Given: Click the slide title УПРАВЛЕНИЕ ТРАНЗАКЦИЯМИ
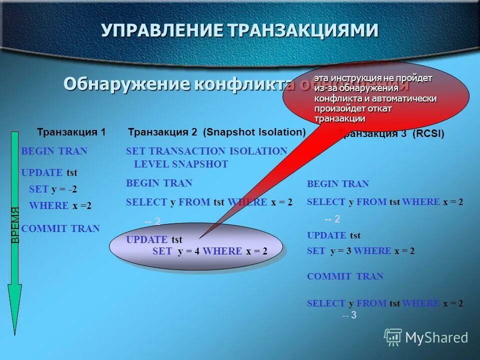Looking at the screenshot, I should tap(239, 30).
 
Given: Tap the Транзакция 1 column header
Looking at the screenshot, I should tap(71, 132).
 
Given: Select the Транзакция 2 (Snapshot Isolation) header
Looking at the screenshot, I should tap(216, 132).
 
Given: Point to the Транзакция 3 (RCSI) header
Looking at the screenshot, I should tap(391, 134).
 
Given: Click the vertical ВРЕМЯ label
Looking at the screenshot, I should tap(15, 225).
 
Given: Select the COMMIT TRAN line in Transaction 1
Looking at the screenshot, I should tap(60, 228).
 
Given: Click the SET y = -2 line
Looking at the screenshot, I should tap(53, 189).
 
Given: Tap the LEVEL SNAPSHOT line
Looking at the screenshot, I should tap(181, 164).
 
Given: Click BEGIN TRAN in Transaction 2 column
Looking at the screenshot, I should tap(159, 183).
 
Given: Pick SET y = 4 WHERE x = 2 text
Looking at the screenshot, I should tap(209, 251).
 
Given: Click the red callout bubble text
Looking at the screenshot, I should tap(375, 98).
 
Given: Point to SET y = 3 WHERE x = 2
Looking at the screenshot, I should tap(360, 251).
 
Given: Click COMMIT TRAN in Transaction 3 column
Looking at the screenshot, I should tap(345, 276).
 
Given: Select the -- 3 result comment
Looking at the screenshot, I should tap(349, 315).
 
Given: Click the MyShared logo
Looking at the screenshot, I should tap(426, 337).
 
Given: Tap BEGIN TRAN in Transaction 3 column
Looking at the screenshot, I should tap(337, 184).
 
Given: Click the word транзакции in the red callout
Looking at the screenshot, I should tap(339, 118).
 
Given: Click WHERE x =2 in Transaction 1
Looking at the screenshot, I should tap(60, 205).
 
